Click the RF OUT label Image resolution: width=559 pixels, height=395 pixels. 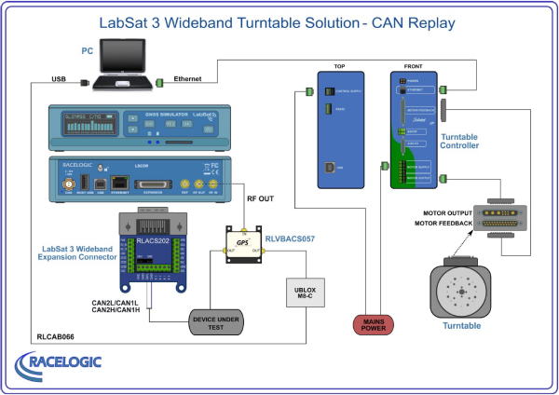coord(260,197)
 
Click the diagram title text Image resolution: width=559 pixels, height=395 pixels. coord(280,20)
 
